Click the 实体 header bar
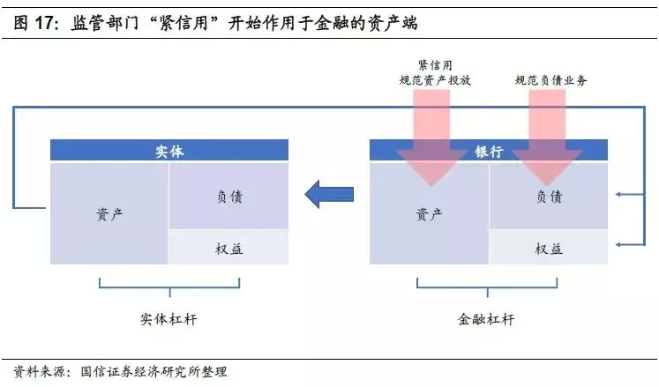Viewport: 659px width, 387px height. pos(168,151)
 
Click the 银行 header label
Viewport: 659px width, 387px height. pos(489,151)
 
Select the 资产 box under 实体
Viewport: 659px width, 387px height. pos(109,212)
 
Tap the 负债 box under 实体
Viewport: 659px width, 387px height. pos(228,197)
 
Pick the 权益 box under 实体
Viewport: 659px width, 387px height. pos(228,248)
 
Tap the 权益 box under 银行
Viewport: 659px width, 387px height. pos(549,248)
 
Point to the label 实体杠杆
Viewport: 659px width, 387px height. pos(168,318)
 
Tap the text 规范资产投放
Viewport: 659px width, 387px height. pos(435,80)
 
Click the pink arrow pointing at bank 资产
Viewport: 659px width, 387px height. pos(431,137)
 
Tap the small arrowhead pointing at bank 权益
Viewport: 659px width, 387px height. pos(619,244)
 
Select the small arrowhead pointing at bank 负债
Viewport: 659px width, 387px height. pos(619,195)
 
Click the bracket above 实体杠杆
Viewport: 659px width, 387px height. pos(168,285)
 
